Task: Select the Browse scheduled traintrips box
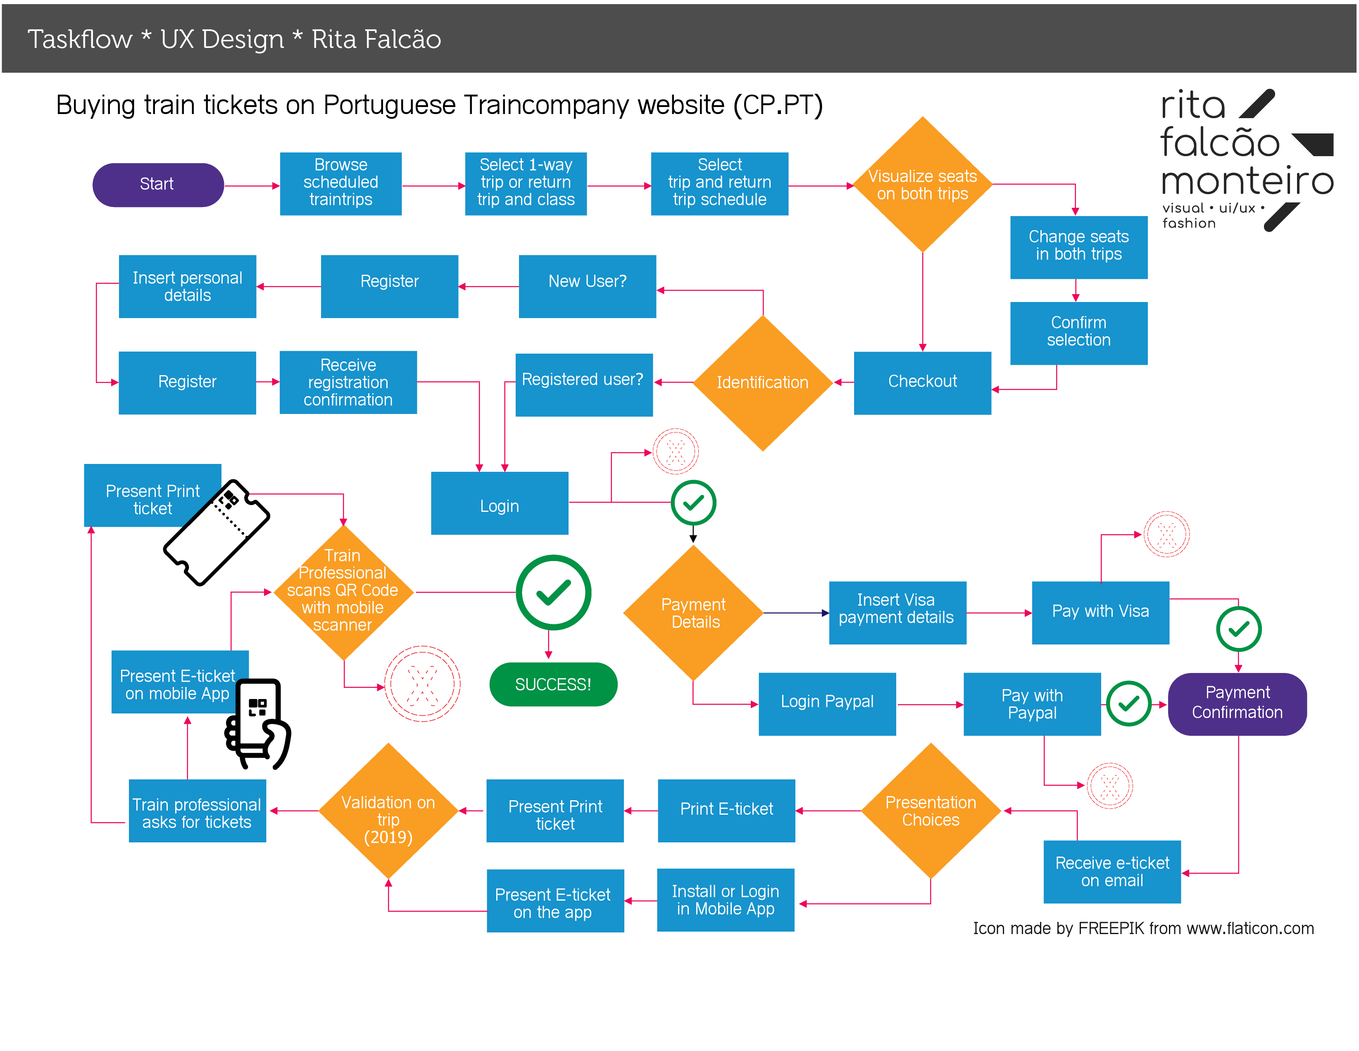(x=340, y=183)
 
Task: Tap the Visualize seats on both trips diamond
(x=922, y=184)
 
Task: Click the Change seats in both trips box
(x=1078, y=246)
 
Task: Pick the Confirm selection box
(x=1078, y=332)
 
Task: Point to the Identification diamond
(x=762, y=383)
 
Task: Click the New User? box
(x=587, y=285)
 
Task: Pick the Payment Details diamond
(x=694, y=613)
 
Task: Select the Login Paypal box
(x=827, y=703)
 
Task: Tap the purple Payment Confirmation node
(x=1237, y=703)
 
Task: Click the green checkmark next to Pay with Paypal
(x=1128, y=703)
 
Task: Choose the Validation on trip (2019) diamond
(x=388, y=811)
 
